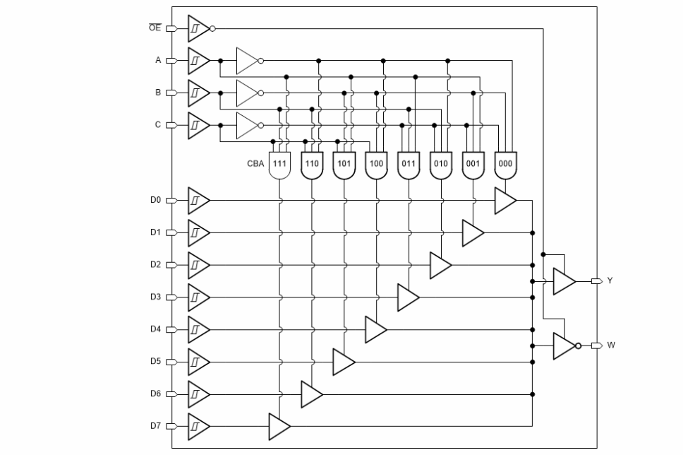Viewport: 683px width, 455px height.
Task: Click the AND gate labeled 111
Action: point(279,163)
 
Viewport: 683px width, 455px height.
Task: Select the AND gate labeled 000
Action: point(505,163)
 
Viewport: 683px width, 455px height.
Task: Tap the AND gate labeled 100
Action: point(376,163)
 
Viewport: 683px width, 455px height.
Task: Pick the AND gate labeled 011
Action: point(409,163)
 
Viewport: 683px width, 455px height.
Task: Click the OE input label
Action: point(155,28)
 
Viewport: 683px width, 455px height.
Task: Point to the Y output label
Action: point(610,281)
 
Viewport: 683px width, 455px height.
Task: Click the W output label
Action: point(610,345)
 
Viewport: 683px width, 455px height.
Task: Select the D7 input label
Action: point(156,426)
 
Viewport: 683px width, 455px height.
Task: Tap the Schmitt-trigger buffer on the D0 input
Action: point(198,200)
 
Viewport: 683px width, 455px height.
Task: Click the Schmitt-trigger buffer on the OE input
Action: point(198,28)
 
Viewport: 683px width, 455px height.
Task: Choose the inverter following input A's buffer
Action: point(247,61)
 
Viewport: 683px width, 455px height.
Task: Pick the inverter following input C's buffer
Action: point(247,125)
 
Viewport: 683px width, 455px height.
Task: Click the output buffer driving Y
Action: point(564,281)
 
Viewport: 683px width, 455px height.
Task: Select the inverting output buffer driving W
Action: point(564,345)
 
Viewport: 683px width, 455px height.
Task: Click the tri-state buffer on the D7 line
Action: point(279,426)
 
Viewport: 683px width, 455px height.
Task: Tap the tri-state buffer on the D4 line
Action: point(375,329)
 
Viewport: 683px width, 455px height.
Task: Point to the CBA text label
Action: point(256,163)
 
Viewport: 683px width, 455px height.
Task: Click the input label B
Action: point(159,93)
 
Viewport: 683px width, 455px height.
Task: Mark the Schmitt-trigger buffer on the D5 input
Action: point(198,362)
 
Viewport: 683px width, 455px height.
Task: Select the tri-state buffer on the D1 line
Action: point(472,232)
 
